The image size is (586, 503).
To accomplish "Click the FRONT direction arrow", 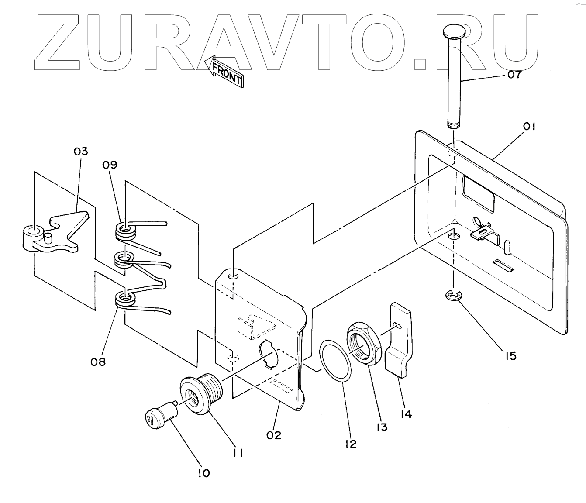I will [x=224, y=72].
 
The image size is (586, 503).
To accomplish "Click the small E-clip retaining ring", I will [x=452, y=296].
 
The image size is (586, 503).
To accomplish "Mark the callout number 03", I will [x=80, y=152].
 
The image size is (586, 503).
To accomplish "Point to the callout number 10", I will [x=203, y=473].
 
